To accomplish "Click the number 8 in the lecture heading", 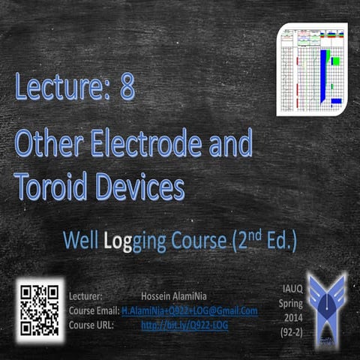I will pos(127,88).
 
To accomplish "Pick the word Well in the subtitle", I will pos(78,242).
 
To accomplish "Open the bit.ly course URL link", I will pos(184,325).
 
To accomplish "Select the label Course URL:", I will pos(93,325).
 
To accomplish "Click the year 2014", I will pos(289,317).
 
